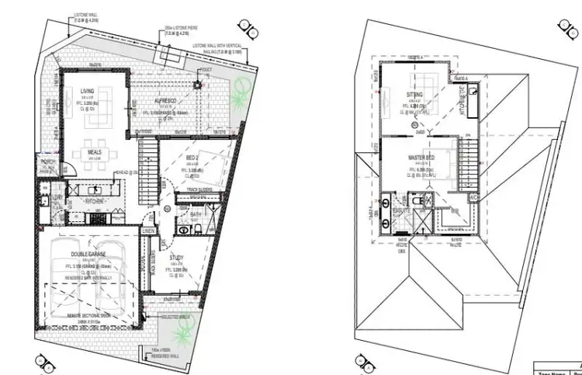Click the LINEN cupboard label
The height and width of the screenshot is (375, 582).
(147, 231)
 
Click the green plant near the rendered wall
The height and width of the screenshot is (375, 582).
(180, 335)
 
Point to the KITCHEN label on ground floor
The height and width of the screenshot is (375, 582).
(104, 200)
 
